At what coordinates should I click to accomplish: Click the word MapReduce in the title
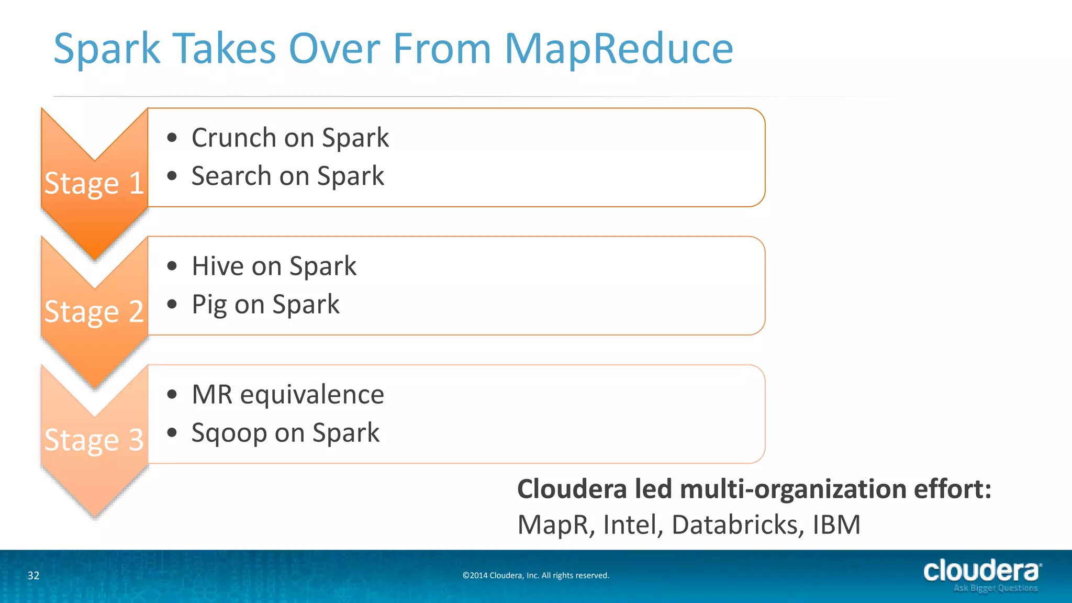click(x=619, y=49)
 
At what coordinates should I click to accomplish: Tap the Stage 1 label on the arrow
click(x=94, y=183)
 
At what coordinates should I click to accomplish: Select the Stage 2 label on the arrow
click(x=94, y=311)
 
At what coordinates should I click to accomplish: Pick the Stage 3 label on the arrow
click(x=94, y=440)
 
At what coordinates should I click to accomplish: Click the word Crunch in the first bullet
click(x=233, y=138)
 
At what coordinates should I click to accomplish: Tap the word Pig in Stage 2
click(x=209, y=305)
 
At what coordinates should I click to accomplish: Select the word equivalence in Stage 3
click(x=312, y=394)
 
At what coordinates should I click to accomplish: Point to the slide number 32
click(x=33, y=575)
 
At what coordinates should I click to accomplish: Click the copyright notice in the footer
click(x=535, y=575)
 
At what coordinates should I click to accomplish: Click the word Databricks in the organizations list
click(x=737, y=524)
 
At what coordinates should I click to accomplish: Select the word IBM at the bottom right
click(x=836, y=524)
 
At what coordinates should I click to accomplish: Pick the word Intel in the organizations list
click(x=633, y=524)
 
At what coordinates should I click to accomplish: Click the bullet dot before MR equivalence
click(x=172, y=394)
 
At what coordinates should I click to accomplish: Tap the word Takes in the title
click(x=225, y=49)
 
